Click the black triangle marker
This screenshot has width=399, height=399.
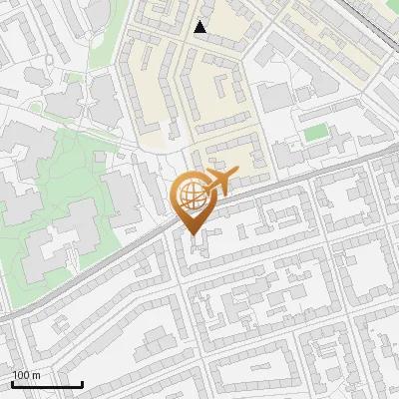(200, 27)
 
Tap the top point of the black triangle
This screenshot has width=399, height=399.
(200, 21)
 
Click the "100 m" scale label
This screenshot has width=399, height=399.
(27, 375)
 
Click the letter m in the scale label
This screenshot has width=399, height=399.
(36, 375)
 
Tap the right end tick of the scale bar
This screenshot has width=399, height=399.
(82, 382)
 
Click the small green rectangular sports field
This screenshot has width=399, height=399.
(316, 133)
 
